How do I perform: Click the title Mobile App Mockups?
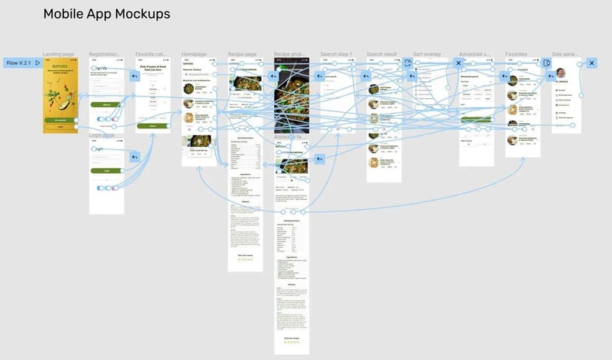coord(106,14)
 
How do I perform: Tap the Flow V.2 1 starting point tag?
coord(22,63)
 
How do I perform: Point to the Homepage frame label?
coord(195,55)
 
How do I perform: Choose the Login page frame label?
coord(103,135)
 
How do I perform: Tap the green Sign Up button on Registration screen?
coord(106,105)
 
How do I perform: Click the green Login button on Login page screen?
coord(106,170)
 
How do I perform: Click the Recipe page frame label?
coord(243,55)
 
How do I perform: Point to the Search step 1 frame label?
coord(336,55)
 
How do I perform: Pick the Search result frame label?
coord(382,55)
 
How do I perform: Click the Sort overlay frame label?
coord(428,55)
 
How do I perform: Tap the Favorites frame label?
coord(516,55)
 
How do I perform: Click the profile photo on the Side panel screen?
coord(560,73)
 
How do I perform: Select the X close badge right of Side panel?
coord(591,63)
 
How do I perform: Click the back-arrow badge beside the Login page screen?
coord(134,157)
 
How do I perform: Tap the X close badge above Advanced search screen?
coord(458,63)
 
